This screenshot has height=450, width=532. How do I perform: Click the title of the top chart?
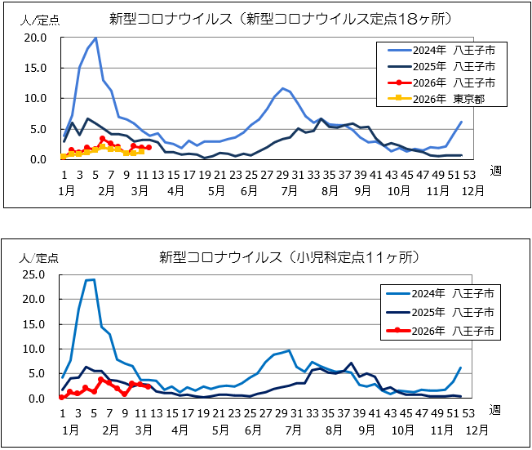tap(265, 19)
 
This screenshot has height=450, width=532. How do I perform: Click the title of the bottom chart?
tap(289, 258)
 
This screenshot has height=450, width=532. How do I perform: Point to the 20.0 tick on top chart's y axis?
tap(36, 38)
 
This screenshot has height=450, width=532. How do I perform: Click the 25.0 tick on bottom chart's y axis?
tap(36, 274)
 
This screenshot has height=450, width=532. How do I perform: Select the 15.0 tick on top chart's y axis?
tap(36, 68)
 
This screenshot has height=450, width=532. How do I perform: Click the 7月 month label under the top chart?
tap(287, 189)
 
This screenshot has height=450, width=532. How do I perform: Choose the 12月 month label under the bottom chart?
tap(478, 429)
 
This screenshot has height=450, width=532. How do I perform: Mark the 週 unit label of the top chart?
tap(496, 171)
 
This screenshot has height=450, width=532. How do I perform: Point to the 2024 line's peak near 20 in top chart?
tap(95, 38)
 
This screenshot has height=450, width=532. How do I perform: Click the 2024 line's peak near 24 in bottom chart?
tap(92, 279)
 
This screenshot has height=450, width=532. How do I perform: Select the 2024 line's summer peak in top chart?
tap(283, 88)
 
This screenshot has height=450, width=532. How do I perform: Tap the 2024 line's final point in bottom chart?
tap(462, 368)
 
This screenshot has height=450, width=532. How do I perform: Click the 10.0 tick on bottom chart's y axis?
tap(36, 349)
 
